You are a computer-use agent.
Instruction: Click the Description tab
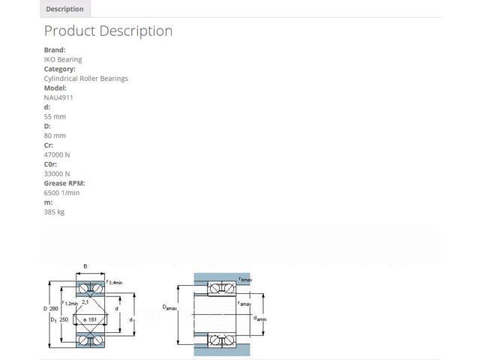(65, 9)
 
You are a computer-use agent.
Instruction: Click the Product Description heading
(108, 31)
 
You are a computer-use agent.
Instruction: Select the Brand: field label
(55, 50)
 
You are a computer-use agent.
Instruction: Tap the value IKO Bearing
(63, 59)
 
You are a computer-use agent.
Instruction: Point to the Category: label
(60, 69)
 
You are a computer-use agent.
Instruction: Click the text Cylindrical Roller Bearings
(86, 79)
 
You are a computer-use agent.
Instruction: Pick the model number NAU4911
(58, 97)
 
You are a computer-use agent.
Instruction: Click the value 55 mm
(55, 117)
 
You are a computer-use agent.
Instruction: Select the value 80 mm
(55, 136)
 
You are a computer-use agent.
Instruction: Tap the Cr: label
(48, 145)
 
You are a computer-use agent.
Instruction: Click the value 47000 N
(57, 154)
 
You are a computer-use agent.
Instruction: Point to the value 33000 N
(57, 173)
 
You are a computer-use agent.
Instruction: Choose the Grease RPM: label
(64, 183)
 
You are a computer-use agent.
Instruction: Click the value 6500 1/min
(61, 193)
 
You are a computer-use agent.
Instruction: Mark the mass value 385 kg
(54, 211)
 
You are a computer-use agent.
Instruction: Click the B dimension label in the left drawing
(85, 266)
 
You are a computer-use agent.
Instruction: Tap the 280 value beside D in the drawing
(53, 308)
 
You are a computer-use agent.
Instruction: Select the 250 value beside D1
(64, 319)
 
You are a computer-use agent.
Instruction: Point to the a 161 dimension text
(90, 319)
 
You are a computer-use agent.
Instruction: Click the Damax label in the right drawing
(169, 307)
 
